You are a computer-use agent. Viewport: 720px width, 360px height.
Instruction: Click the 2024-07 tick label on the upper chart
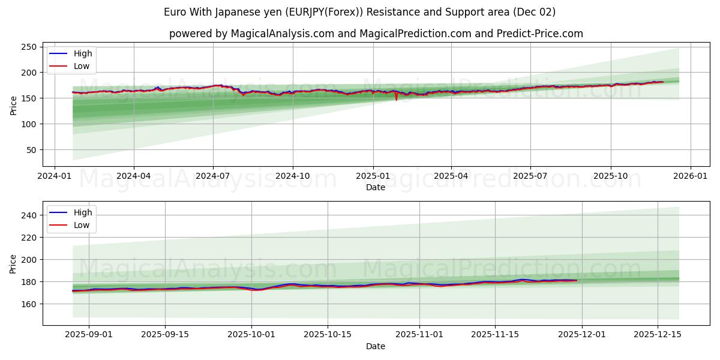coord(213,176)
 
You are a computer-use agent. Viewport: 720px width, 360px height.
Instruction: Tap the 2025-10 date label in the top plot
coord(611,176)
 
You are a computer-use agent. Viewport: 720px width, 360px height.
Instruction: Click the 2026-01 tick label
coord(690,176)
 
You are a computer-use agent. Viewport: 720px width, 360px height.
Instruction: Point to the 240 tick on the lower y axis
coord(28,215)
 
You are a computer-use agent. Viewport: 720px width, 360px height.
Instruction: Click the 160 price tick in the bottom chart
coord(28,304)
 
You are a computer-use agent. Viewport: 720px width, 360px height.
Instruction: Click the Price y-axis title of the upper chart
coord(14,106)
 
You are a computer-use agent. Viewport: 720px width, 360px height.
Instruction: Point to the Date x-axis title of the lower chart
coord(376,346)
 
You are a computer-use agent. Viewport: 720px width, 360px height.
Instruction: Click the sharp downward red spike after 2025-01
coord(396,99)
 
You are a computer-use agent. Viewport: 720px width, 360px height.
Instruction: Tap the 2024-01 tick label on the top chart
coord(55,176)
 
